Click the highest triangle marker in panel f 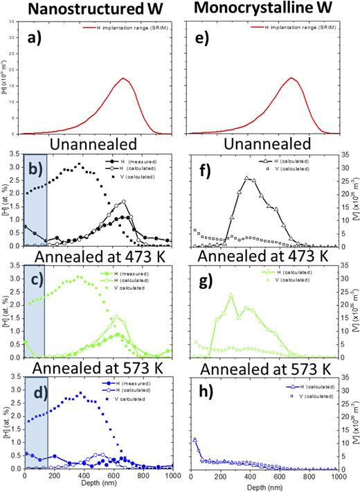click(247, 178)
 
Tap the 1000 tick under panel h click(338, 478)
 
